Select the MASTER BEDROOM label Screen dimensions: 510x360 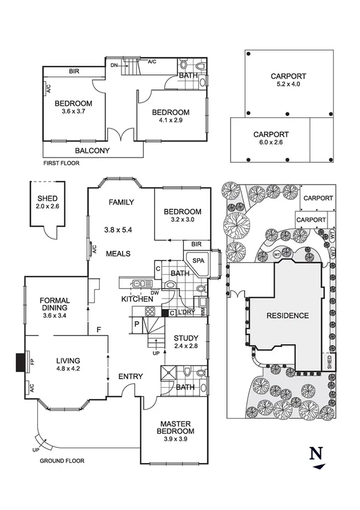point(175,427)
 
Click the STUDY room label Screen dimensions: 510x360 point(186,338)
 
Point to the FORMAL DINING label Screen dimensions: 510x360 point(55,304)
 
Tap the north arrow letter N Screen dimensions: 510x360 point(317,453)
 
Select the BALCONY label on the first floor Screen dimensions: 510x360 point(93,150)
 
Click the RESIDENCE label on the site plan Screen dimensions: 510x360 point(288,316)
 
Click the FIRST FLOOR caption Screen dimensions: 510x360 point(61,163)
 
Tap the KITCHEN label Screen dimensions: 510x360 point(136,299)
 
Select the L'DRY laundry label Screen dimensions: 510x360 point(186,312)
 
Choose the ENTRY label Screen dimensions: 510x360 point(130,376)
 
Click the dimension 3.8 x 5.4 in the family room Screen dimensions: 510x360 point(118,230)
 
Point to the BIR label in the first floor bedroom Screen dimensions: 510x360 point(74,71)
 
